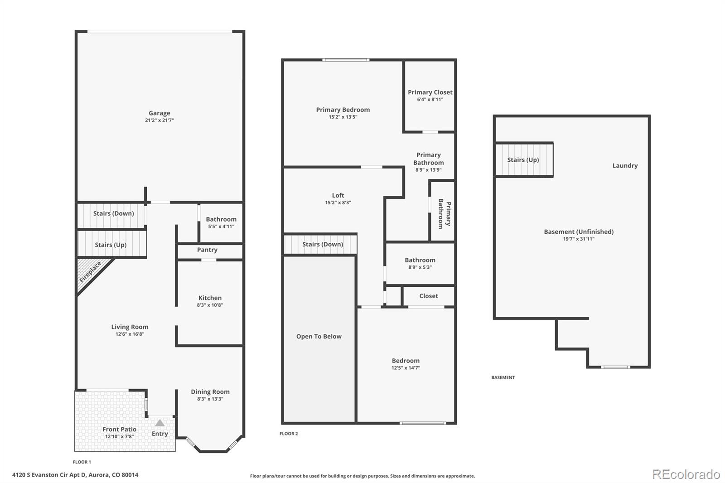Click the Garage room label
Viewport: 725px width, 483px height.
click(x=159, y=113)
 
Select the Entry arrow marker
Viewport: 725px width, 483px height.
click(x=160, y=423)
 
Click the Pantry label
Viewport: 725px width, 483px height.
click(x=207, y=250)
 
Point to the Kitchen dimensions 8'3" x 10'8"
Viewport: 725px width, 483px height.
click(x=210, y=305)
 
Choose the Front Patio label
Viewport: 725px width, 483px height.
click(x=119, y=429)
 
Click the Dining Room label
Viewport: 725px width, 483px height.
click(x=210, y=391)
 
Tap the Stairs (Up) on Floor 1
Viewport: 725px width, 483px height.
click(x=111, y=245)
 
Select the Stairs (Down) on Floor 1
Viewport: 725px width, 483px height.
click(x=113, y=213)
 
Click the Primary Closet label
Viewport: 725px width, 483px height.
click(x=430, y=92)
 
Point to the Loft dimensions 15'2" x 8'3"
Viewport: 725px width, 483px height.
click(x=338, y=203)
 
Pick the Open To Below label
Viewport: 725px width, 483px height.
click(x=319, y=336)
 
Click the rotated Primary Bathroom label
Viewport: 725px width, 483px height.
click(x=444, y=213)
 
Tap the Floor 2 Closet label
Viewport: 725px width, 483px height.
click(x=428, y=296)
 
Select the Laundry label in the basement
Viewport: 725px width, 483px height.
click(x=625, y=166)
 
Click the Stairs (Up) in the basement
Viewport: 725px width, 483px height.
click(x=523, y=160)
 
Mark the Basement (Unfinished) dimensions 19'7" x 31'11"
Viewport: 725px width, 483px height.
click(x=579, y=239)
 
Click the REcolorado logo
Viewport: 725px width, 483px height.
click(x=686, y=474)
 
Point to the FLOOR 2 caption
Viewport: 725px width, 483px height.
click(x=289, y=434)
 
